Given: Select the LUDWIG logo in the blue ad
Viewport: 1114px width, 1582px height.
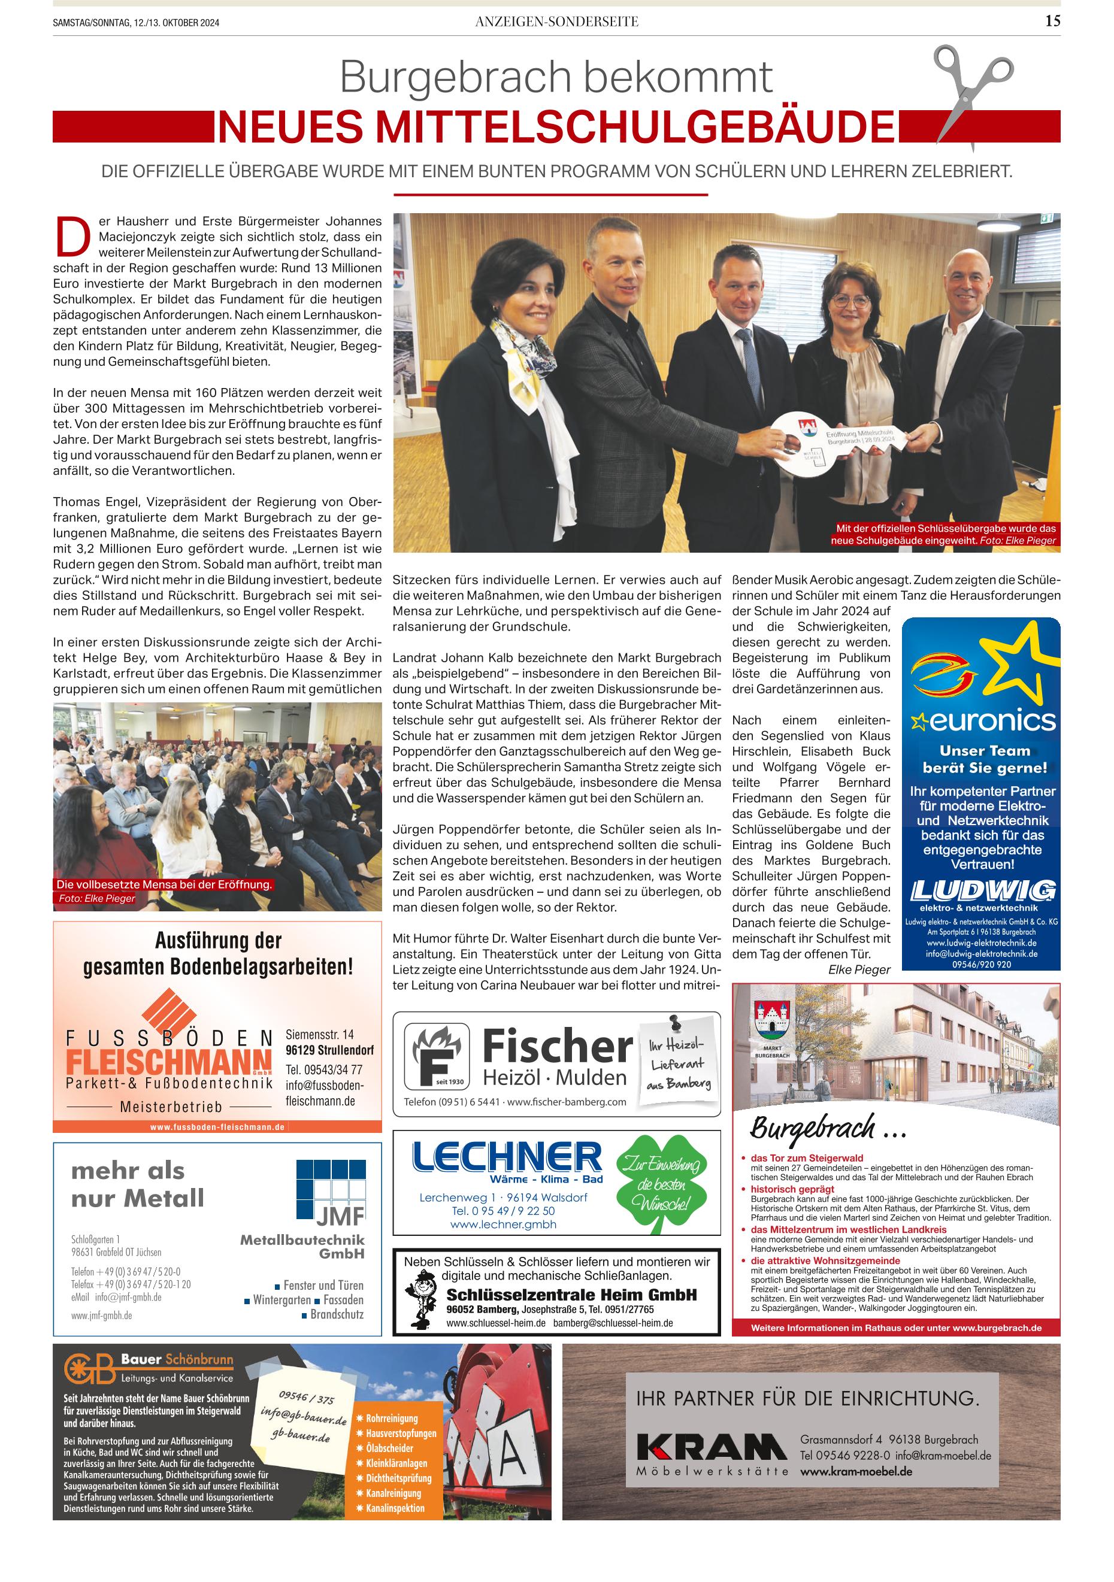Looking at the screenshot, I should [x=982, y=890].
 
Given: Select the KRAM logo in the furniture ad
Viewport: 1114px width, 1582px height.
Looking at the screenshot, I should [x=711, y=1446].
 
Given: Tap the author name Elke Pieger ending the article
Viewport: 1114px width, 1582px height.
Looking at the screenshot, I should [x=858, y=969].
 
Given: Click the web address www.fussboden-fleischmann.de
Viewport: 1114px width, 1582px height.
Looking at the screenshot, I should [x=217, y=1126].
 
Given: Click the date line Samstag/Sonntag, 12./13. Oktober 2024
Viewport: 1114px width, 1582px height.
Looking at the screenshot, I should [x=137, y=23].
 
